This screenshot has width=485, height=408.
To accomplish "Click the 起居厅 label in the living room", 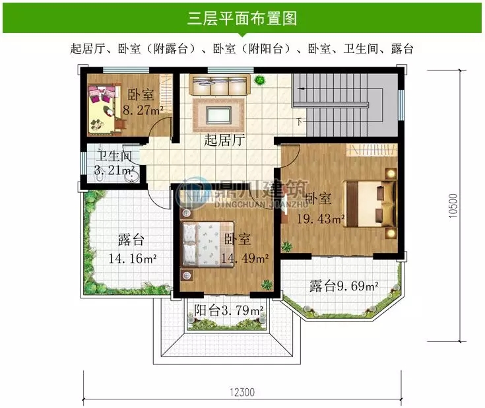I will click(220, 140).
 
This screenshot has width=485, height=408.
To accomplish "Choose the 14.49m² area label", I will click(244, 257).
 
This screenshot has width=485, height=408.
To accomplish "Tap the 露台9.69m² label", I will click(343, 287).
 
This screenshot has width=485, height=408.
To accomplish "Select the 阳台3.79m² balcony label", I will click(229, 310).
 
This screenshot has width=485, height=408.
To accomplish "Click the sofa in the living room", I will click(218, 86).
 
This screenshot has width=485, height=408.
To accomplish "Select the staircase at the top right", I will click(343, 99).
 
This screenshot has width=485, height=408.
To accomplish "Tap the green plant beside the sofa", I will click(260, 81).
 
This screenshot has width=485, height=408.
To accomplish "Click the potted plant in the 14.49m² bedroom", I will click(267, 285).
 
